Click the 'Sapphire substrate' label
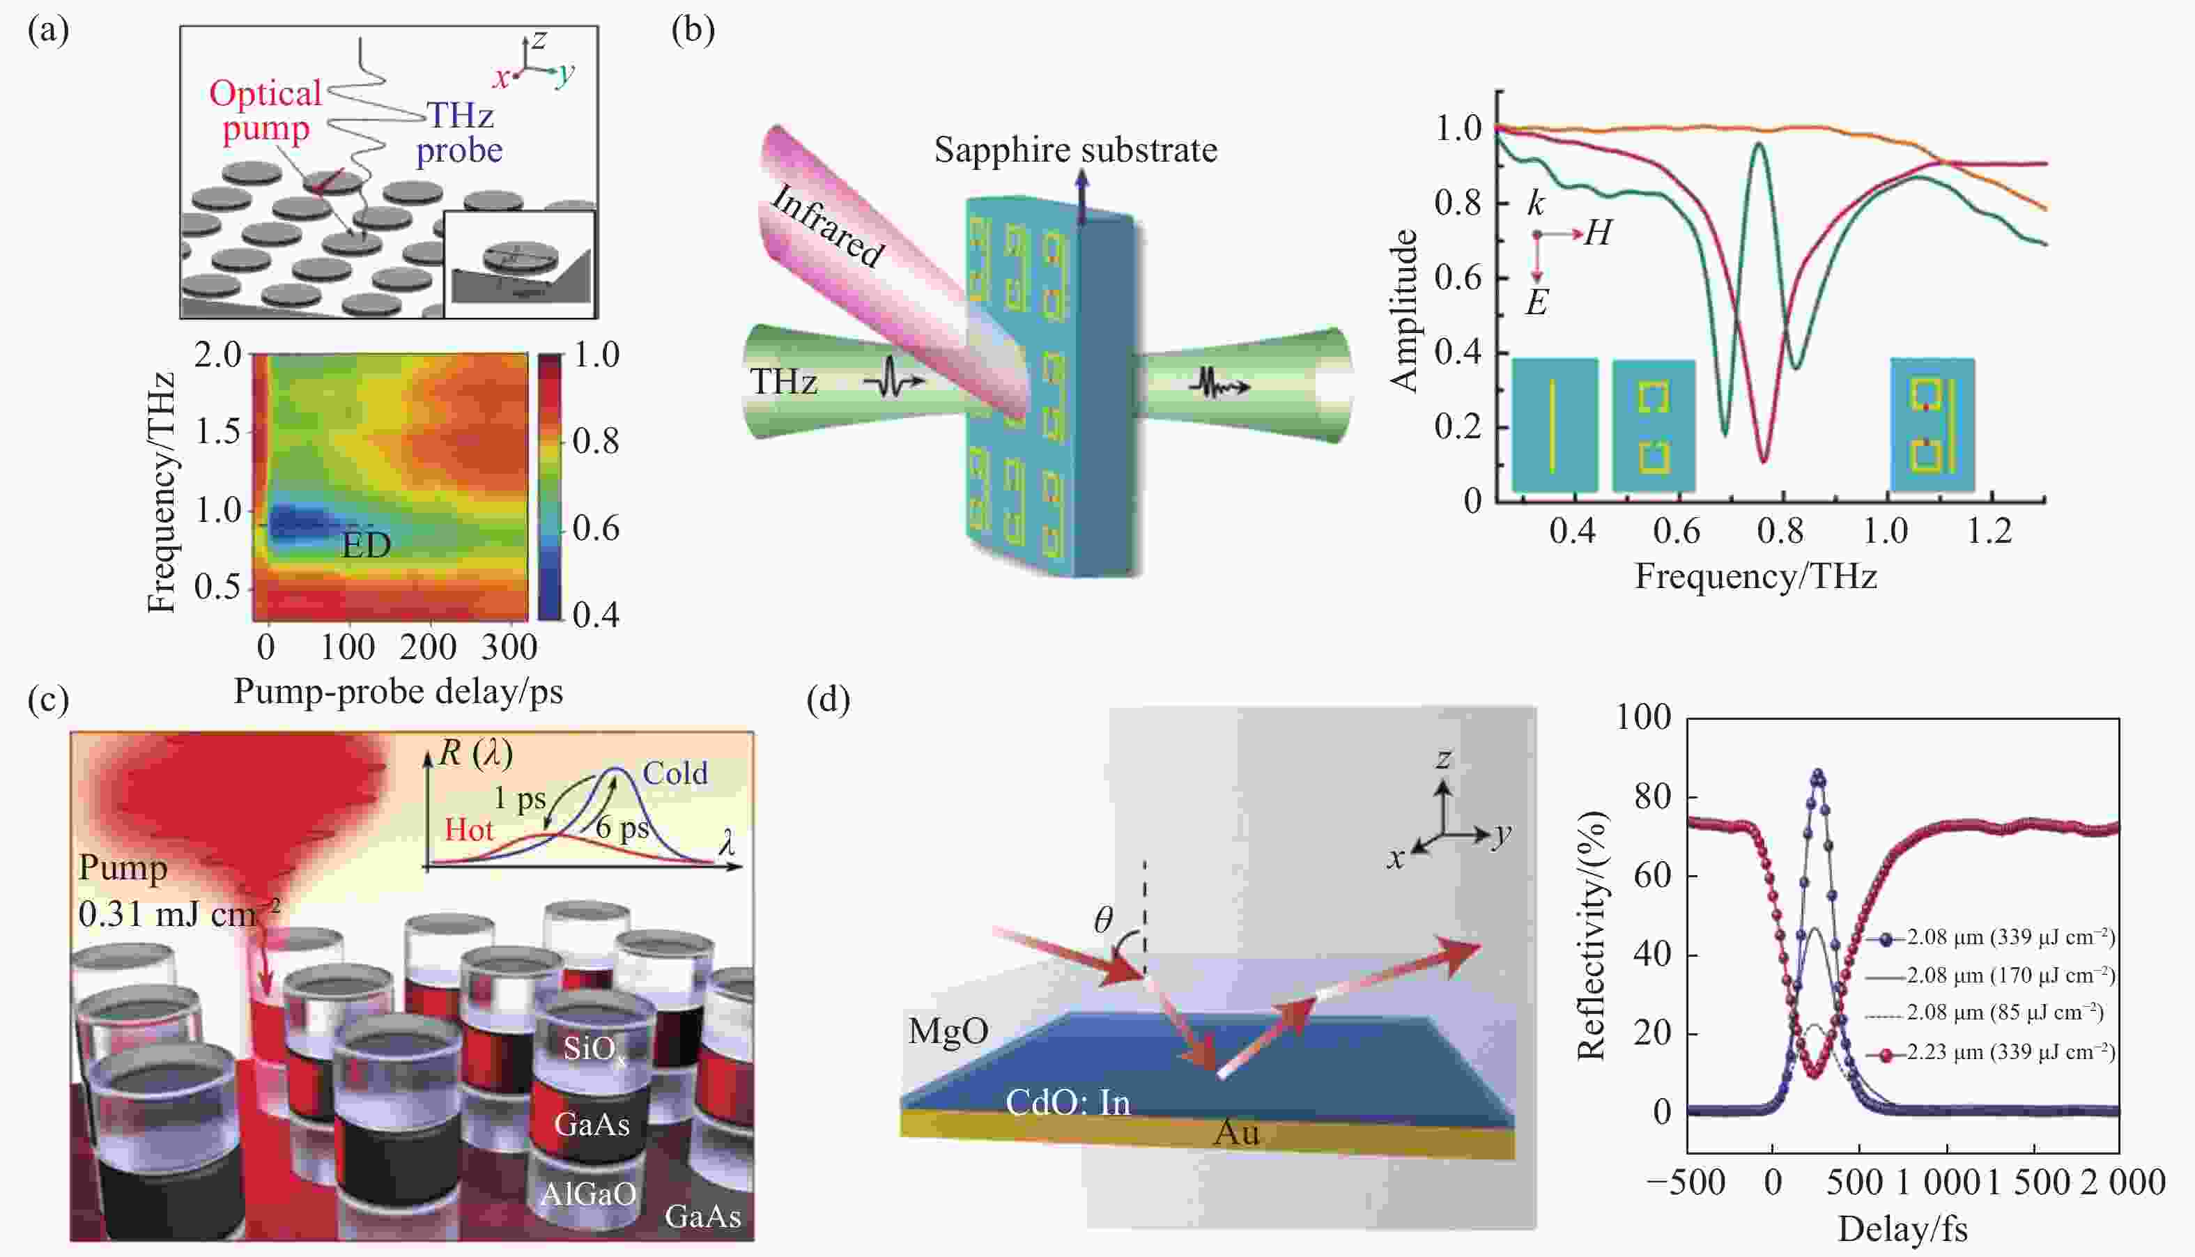point(1075,151)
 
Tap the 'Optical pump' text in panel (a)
point(265,111)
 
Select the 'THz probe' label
point(459,132)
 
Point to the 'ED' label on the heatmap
point(367,545)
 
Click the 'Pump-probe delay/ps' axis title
point(398,691)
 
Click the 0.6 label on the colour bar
point(596,527)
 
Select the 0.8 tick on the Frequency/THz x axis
point(1780,530)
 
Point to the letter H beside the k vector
point(1598,233)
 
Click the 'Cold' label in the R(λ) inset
point(675,773)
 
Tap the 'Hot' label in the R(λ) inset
point(469,830)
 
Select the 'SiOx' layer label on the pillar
point(594,1049)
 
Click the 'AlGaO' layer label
point(589,1194)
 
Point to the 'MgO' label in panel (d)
point(948,1031)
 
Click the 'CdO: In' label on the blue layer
point(1068,1102)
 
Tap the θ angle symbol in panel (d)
point(1103,920)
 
